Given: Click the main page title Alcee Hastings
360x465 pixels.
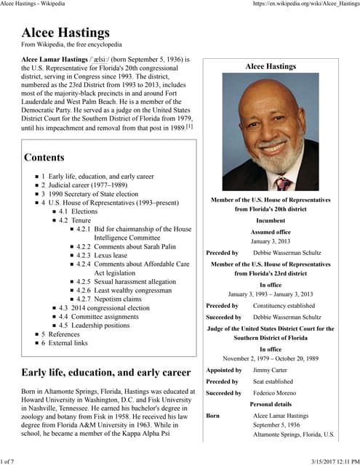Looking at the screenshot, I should point(65,32).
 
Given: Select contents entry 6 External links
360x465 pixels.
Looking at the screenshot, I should point(68,343).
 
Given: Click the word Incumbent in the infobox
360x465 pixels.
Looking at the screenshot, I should point(270,220).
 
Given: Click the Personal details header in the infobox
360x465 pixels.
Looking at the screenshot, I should point(270,404).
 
